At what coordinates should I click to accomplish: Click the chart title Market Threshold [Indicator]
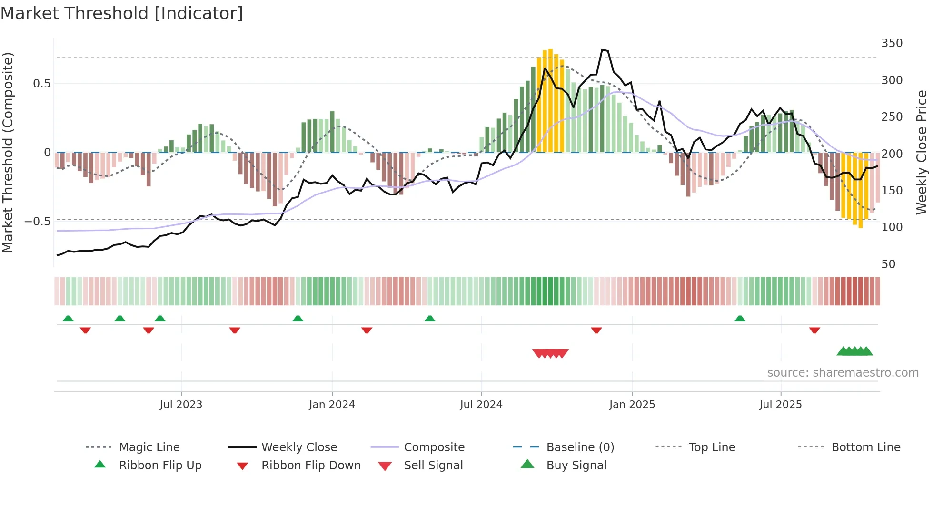pyautogui.click(x=122, y=13)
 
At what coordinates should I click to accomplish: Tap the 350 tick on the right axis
pyautogui.click(x=892, y=43)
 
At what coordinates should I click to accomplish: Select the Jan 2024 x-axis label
pyautogui.click(x=332, y=405)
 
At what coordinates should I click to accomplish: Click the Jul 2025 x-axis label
pyautogui.click(x=780, y=405)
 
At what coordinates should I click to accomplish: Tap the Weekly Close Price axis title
pyautogui.click(x=922, y=152)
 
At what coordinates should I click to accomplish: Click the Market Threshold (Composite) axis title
pyautogui.click(x=8, y=152)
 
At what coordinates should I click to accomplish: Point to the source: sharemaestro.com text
pyautogui.click(x=843, y=373)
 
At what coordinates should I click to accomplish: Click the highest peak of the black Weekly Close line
pyautogui.click(x=603, y=49)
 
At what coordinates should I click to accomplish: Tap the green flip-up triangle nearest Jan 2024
pyautogui.click(x=298, y=319)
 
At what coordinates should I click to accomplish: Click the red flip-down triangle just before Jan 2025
pyautogui.click(x=596, y=330)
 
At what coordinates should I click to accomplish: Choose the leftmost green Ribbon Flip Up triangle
pyautogui.click(x=68, y=319)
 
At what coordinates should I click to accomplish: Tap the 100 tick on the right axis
pyautogui.click(x=892, y=227)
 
